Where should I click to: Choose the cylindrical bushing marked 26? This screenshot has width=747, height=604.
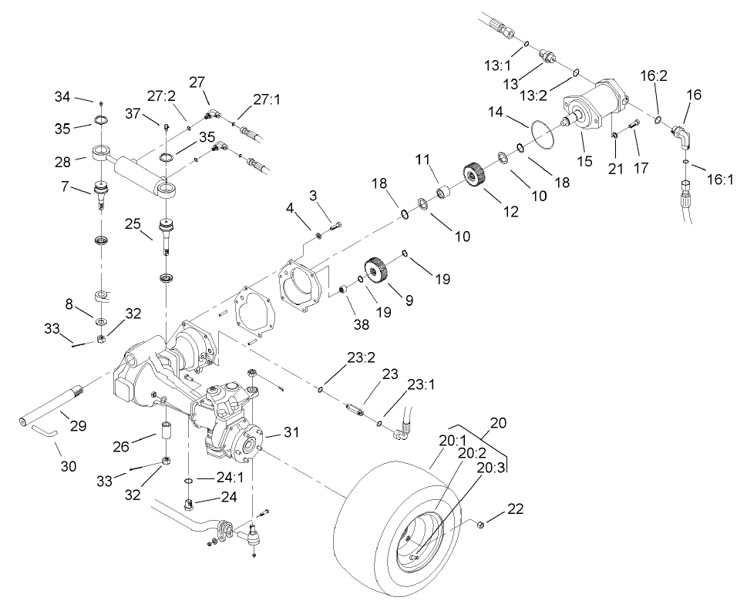[164, 429]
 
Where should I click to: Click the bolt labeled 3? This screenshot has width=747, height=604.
[334, 226]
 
